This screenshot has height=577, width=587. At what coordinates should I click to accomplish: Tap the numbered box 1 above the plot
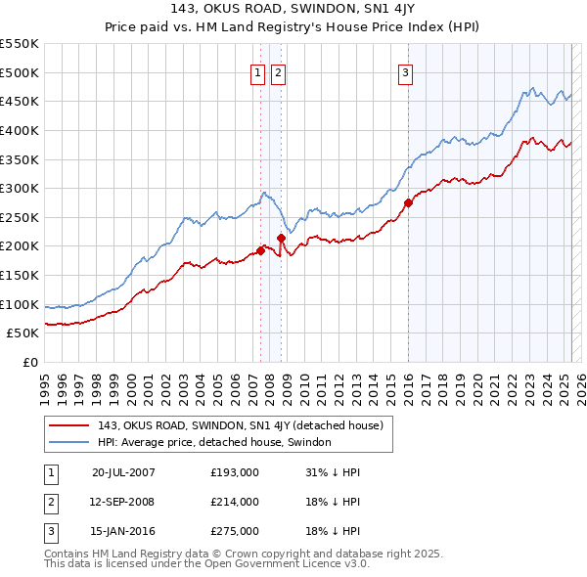coord(257,71)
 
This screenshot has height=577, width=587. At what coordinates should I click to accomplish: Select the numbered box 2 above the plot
coord(278,71)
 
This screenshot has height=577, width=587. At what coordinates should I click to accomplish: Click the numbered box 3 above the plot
coord(405,71)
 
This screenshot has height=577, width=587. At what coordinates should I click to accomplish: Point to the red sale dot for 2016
coord(407,203)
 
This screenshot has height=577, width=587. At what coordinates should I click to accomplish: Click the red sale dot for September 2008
coord(281,238)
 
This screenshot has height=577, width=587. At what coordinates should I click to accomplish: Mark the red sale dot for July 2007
coord(260,250)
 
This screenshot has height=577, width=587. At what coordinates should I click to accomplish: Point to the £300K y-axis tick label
coord(20,188)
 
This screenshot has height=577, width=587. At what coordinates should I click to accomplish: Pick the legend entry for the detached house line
coord(245,425)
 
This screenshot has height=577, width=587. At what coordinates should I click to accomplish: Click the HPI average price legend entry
coord(214,442)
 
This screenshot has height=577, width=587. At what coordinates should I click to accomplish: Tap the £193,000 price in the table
coord(235,471)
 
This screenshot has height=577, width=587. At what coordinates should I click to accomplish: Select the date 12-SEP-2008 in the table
coord(123,502)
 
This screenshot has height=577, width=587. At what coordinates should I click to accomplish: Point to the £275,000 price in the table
coord(235,531)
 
